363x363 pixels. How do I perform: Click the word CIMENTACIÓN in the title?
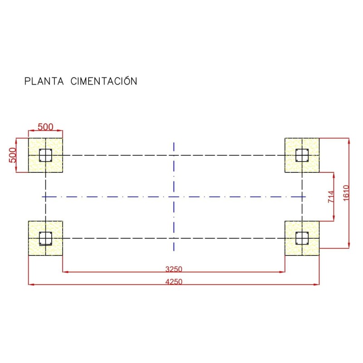click(x=104, y=81)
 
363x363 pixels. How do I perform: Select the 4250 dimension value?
click(x=173, y=281)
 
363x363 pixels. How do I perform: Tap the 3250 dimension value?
click(x=173, y=269)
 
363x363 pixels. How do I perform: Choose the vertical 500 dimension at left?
click(x=13, y=155)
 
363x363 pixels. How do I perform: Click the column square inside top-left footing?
click(x=45, y=155)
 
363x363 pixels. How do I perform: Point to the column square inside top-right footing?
click(x=302, y=155)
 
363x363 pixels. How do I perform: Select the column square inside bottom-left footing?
click(x=45, y=238)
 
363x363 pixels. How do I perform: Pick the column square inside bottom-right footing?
click(x=302, y=238)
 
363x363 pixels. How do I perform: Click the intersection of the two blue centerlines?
click(x=173, y=196)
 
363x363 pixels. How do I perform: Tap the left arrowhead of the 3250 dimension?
click(x=64, y=272)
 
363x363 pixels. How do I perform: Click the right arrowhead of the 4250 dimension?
click(x=317, y=285)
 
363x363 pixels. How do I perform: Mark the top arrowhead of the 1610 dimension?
click(x=348, y=140)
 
